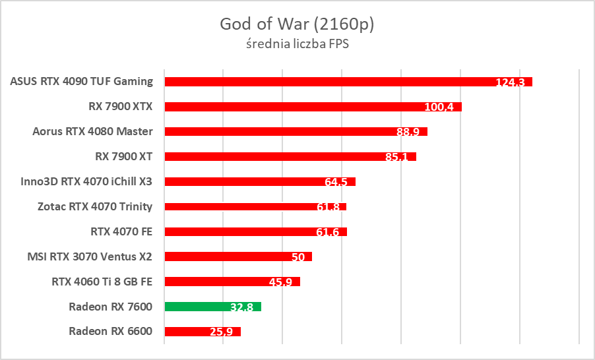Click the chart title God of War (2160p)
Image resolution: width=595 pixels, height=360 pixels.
(297, 24)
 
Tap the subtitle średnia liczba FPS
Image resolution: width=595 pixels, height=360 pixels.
(297, 45)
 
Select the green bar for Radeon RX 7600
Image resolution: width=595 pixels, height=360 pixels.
(212, 307)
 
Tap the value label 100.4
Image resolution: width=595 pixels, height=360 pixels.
(439, 107)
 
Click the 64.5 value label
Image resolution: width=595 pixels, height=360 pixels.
(336, 182)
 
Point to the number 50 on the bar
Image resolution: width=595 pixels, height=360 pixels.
(298, 257)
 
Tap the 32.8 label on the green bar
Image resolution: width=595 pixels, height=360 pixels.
(243, 307)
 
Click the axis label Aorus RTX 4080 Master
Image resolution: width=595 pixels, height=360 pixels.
(92, 131)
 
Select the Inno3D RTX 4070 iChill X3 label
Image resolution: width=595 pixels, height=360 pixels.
(86, 181)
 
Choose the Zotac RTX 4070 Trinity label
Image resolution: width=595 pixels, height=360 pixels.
(95, 206)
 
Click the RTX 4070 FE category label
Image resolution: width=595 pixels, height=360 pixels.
(121, 231)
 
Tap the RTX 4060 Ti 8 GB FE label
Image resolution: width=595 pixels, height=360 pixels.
(102, 282)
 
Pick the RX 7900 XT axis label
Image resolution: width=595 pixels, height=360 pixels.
(124, 156)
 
